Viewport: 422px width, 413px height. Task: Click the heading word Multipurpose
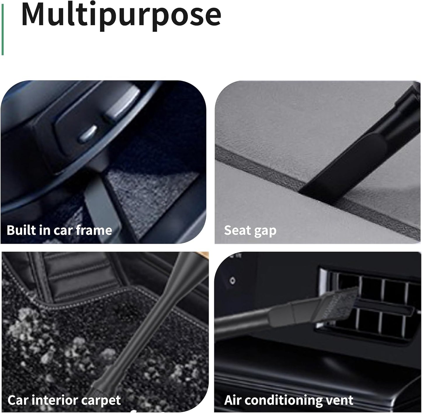(121, 15)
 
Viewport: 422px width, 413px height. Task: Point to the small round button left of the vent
(232, 281)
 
